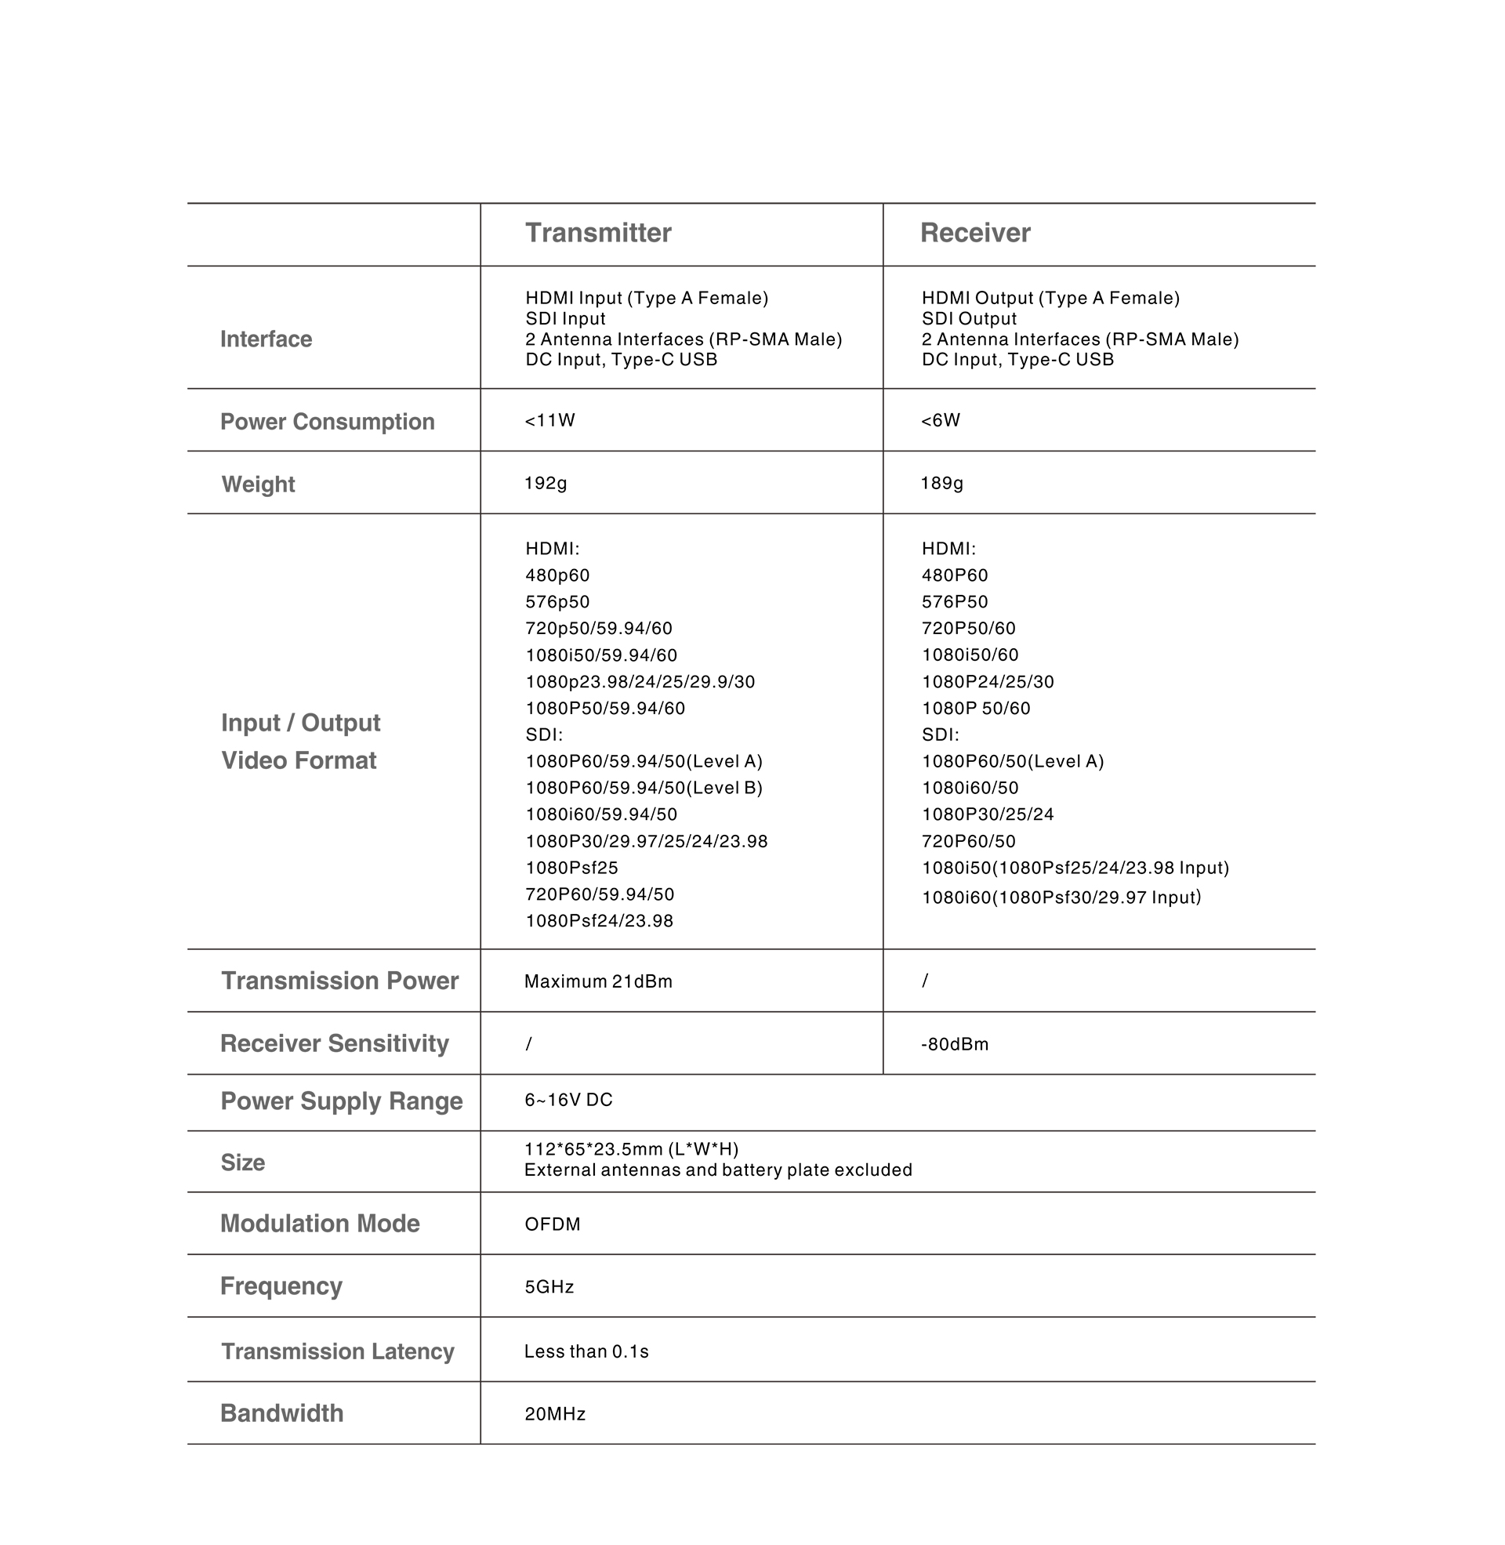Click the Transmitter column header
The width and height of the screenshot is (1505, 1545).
click(597, 233)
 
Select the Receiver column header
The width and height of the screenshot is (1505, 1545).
click(974, 233)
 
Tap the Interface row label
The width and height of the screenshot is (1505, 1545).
click(266, 339)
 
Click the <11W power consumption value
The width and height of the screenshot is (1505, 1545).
click(549, 420)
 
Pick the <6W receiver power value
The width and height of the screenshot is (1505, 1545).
click(940, 420)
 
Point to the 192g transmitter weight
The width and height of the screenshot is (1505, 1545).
click(546, 483)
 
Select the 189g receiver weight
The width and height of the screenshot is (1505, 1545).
click(941, 483)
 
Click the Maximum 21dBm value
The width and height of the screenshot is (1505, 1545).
click(597, 981)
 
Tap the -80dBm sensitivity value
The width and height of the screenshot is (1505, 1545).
click(954, 1044)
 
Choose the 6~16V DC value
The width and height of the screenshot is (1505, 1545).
click(568, 1100)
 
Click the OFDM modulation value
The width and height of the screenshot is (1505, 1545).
click(553, 1224)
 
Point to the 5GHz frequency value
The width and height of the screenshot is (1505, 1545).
click(549, 1286)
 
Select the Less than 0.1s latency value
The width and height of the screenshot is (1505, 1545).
click(586, 1351)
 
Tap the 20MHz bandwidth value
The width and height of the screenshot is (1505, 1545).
click(555, 1414)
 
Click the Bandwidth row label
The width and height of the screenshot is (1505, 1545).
click(281, 1413)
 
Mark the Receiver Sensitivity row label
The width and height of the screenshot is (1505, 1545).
click(335, 1043)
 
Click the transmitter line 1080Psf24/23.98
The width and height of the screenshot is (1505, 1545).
click(599, 921)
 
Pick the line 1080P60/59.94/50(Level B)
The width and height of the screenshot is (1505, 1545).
click(644, 788)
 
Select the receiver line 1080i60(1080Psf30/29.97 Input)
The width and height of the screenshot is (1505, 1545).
click(1061, 897)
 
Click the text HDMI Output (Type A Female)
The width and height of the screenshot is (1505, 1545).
click(1050, 298)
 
